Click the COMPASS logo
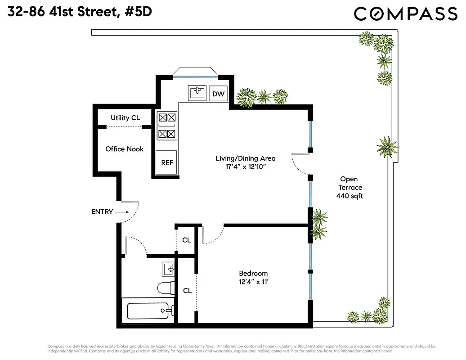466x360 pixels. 405,13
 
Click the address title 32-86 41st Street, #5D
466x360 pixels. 80,12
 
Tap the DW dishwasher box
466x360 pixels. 219,94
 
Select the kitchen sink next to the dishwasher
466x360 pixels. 197,93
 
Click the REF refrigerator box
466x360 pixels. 167,162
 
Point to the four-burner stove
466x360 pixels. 167,126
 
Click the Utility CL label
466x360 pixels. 125,118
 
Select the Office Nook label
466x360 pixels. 124,149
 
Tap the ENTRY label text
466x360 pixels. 102,211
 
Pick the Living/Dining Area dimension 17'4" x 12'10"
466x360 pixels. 245,167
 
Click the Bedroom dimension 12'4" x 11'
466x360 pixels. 253,282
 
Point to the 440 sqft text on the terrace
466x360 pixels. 349,196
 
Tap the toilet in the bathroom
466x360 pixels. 166,287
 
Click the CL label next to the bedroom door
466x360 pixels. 186,240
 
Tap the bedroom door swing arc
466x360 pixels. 214,235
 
